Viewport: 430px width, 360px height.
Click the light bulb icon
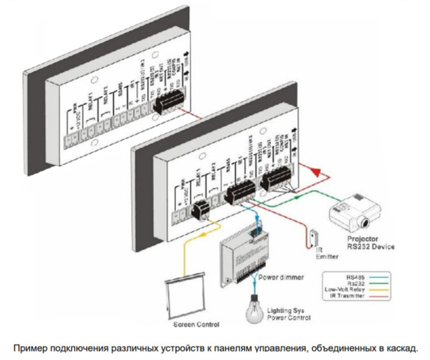[254, 311]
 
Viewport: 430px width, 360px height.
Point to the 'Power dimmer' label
[281, 277]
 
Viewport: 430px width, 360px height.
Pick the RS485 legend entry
[355, 278]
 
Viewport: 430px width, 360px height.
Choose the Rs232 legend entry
[355, 284]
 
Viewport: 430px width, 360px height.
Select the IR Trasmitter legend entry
[347, 296]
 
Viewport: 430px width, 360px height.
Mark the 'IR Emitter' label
[327, 253]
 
